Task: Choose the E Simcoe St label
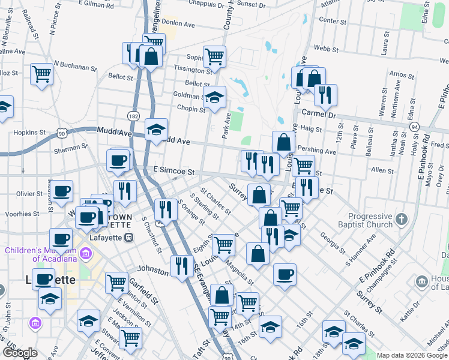175,171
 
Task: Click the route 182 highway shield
133,114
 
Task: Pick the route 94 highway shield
414,127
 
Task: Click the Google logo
19,353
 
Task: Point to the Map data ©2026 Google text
412,355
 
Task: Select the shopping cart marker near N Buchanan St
41,74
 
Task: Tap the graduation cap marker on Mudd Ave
156,130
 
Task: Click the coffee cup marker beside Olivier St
61,191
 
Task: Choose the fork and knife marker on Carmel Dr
325,94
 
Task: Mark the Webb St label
321,47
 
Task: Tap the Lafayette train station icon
128,238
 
